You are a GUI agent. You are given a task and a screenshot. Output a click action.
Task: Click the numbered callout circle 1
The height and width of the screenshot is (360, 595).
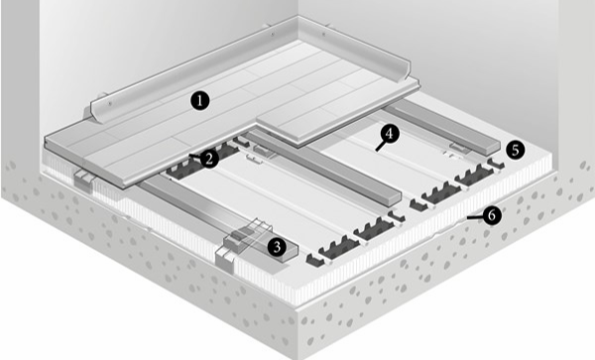(200, 101)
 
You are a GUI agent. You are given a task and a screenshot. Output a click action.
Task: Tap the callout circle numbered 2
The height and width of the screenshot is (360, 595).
(209, 159)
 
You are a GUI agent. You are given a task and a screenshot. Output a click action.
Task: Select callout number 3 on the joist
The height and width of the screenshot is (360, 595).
(277, 247)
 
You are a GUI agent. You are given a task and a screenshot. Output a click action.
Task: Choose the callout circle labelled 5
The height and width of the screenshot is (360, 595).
(515, 150)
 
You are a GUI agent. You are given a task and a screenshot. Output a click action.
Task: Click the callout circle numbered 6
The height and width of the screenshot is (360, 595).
(492, 216)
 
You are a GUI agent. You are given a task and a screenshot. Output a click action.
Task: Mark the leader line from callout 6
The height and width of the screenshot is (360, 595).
(475, 217)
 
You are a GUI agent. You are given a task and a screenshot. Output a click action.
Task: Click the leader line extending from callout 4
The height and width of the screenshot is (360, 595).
(381, 146)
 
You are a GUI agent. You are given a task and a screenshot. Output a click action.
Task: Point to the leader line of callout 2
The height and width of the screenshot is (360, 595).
(195, 156)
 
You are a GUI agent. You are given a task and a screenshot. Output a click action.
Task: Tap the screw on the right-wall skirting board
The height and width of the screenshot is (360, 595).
(323, 34)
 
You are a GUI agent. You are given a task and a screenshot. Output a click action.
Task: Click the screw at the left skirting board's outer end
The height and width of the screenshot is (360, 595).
(110, 103)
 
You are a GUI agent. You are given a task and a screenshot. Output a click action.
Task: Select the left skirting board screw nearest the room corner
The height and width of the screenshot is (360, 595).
(273, 34)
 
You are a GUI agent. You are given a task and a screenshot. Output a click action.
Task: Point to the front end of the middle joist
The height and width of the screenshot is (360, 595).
(394, 199)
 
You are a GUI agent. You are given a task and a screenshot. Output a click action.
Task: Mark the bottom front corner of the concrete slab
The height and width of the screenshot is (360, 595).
(297, 358)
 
